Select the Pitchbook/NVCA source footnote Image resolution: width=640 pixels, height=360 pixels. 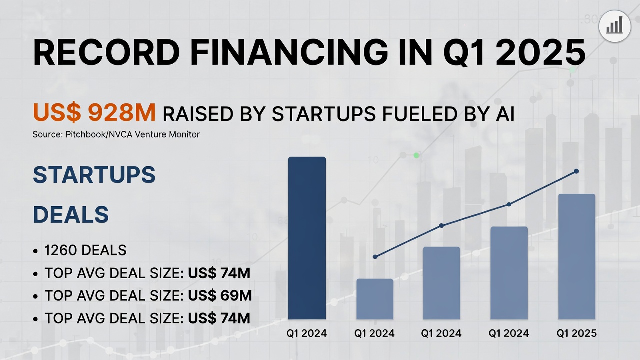click(x=116, y=134)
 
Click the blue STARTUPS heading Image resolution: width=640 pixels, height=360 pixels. click(x=94, y=175)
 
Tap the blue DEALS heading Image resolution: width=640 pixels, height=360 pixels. click(x=71, y=215)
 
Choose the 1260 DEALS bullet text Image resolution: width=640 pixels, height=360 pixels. click(x=85, y=250)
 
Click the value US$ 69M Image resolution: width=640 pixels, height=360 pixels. click(x=220, y=296)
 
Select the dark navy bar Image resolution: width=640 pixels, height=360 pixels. click(x=307, y=238)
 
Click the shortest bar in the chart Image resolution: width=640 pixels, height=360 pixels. click(x=375, y=299)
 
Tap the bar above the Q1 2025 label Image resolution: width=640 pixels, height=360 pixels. click(x=576, y=256)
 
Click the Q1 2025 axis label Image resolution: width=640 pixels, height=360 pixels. click(x=576, y=333)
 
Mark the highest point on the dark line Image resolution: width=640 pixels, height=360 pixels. click(x=576, y=171)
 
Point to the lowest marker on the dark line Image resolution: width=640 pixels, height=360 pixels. click(x=375, y=257)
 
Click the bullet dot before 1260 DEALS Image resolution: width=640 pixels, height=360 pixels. click(x=35, y=251)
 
